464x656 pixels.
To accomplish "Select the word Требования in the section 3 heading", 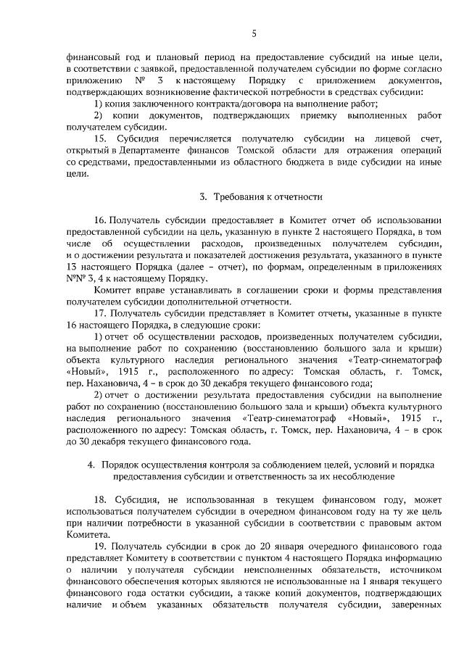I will tap(239, 197).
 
